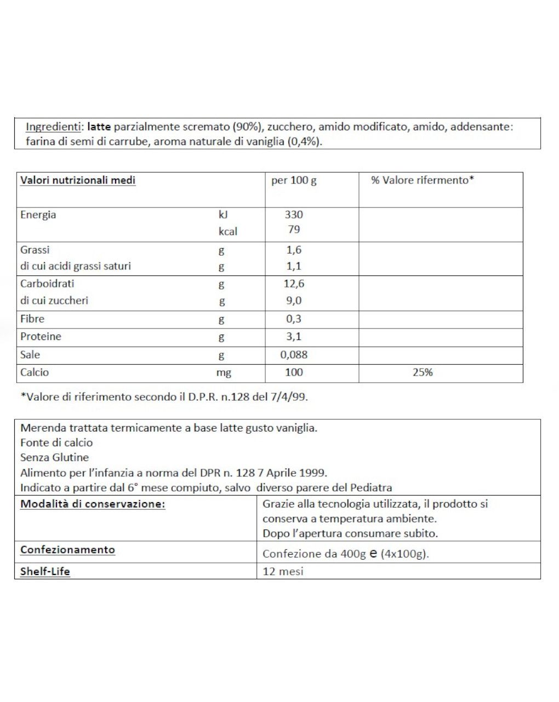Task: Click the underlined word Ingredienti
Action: (53, 127)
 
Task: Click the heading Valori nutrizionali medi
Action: (78, 180)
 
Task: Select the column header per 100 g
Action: (294, 180)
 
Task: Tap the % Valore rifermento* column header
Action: (422, 180)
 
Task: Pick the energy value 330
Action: (294, 215)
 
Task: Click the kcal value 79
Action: (294, 229)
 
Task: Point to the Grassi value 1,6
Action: (294, 250)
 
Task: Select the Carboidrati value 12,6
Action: (294, 284)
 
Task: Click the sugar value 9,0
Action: (294, 300)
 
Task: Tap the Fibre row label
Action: (32, 319)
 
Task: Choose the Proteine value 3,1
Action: (294, 336)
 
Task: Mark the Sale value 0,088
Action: (294, 354)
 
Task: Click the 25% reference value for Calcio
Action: (422, 372)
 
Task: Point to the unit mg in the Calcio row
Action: (224, 373)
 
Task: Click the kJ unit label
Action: (223, 215)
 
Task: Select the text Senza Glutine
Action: (54, 457)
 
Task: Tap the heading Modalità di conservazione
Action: (93, 504)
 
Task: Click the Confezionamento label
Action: (67, 550)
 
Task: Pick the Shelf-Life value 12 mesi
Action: (283, 571)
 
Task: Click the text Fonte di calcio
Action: (56, 442)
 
